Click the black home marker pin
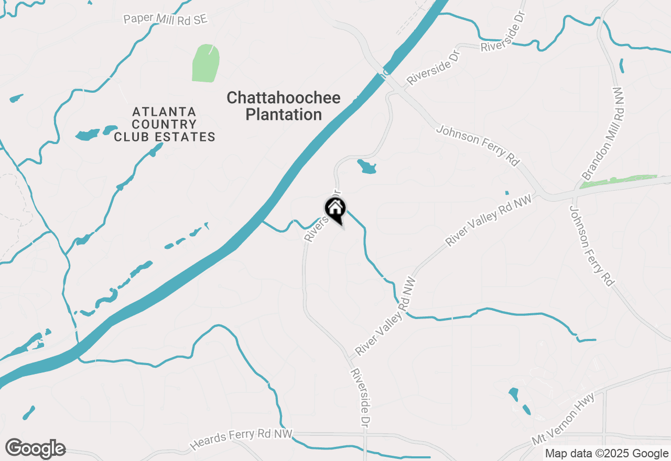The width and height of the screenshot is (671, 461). [x=335, y=210]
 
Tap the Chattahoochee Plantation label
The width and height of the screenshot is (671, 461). [x=284, y=106]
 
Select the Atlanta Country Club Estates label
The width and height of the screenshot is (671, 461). [x=165, y=125]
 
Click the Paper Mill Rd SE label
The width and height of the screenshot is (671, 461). [x=166, y=19]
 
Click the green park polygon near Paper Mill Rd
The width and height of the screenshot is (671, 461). [x=205, y=63]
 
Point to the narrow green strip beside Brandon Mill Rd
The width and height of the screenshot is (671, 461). [x=619, y=181]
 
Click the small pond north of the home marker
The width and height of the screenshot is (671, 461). [x=367, y=167]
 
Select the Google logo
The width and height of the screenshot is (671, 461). [x=35, y=449]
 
